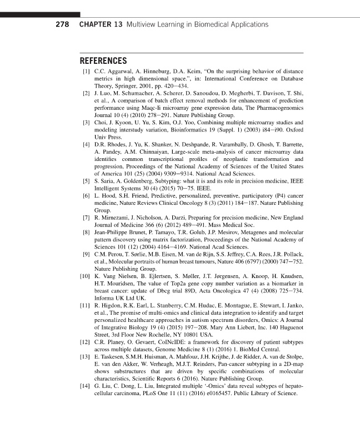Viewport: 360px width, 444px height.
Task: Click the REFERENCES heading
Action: click(104, 61)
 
